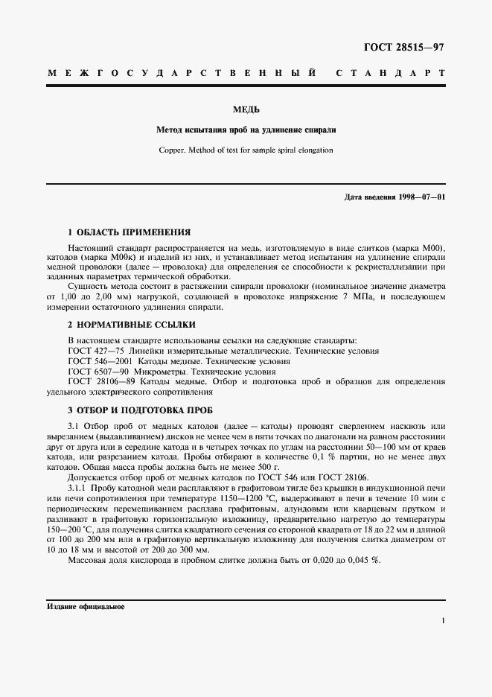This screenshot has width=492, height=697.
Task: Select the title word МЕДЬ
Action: tap(246, 109)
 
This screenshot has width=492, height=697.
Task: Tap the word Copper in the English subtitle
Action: tap(175, 150)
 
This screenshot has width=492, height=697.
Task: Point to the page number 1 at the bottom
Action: tap(442, 620)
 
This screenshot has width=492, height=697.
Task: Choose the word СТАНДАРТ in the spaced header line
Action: tap(391, 74)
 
